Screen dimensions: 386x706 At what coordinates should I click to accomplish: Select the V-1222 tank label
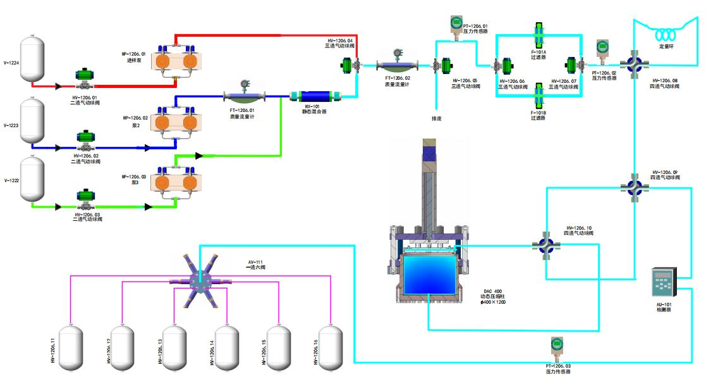11,180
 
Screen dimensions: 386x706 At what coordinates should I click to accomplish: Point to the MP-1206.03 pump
174,183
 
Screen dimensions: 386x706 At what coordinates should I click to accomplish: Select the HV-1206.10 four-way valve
546,246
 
